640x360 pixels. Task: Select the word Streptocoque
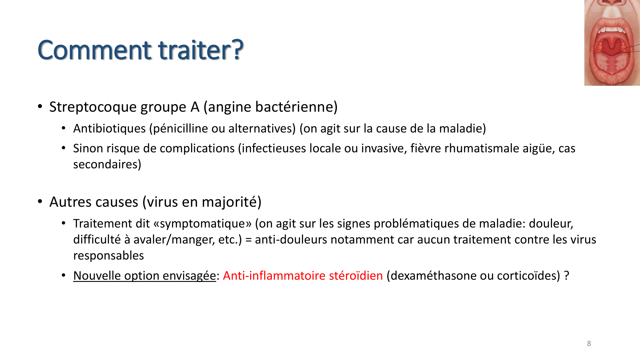point(93,107)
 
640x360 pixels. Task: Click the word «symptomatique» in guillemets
point(203,224)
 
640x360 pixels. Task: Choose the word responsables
point(108,256)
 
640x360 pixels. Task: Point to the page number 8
point(589,344)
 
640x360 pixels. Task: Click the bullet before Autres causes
point(40,202)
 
